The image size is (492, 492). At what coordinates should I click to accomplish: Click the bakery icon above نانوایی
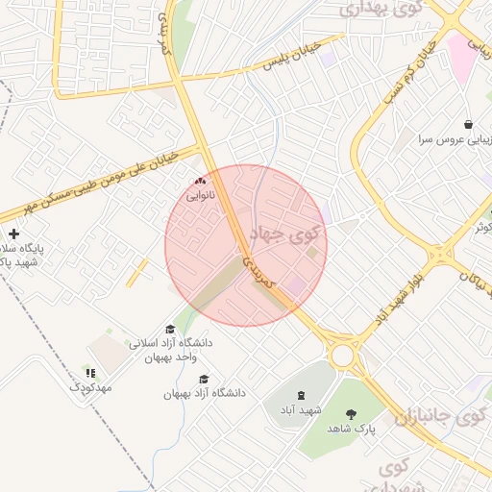(x=200, y=181)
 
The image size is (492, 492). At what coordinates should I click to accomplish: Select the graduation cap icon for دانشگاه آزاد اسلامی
(x=170, y=330)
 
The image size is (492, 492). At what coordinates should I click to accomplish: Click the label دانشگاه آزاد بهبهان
(x=205, y=393)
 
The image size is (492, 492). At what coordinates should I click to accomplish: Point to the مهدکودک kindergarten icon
(x=90, y=373)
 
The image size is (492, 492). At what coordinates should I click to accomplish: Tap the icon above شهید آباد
(x=302, y=395)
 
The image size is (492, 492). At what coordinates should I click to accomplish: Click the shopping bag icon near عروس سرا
(x=468, y=125)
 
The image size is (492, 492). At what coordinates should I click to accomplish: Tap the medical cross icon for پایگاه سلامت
(x=13, y=234)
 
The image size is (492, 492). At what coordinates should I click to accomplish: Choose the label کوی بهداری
(x=381, y=10)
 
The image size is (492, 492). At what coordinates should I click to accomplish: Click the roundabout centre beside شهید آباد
(x=342, y=355)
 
